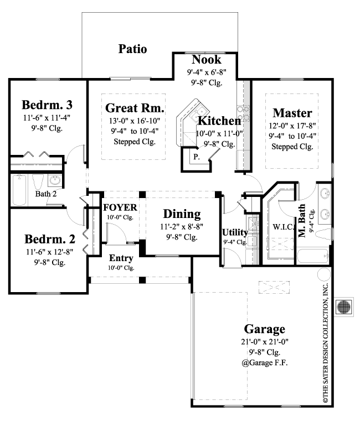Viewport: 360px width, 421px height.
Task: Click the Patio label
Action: point(133,49)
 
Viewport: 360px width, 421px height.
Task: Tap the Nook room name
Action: point(206,60)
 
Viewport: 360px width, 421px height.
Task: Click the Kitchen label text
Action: point(219,121)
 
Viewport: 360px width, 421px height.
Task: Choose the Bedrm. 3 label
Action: point(47,105)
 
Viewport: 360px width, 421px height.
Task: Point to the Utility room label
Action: point(235,232)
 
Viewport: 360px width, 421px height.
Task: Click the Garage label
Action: point(263,329)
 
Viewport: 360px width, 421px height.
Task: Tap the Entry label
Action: point(120,258)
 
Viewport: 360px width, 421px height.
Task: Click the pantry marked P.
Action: point(196,157)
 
